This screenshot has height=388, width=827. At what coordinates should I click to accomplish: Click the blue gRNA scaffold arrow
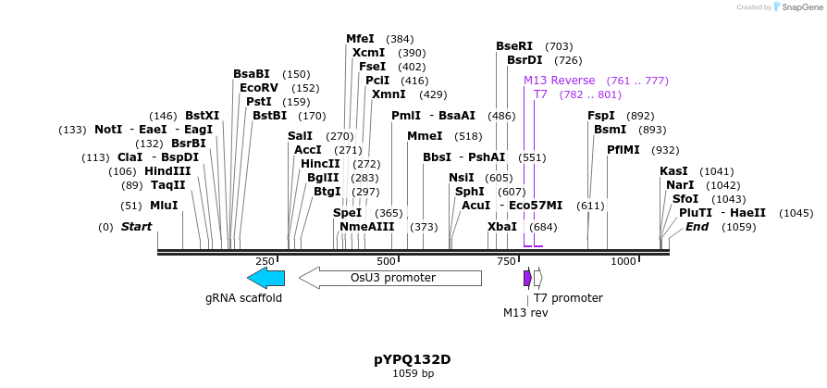[265, 278]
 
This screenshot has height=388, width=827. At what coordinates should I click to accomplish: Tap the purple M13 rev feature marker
[527, 278]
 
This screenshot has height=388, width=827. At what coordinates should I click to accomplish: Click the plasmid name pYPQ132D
[413, 359]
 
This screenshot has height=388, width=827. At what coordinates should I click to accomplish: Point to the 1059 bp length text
[413, 374]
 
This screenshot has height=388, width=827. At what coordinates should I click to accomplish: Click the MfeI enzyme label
[360, 39]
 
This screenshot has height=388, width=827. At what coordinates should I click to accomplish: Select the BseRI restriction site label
[514, 45]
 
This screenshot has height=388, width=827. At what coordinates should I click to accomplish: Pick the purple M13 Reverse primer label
[559, 81]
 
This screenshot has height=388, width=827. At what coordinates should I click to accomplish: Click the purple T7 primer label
[540, 94]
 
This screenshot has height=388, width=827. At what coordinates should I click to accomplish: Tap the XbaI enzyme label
[502, 227]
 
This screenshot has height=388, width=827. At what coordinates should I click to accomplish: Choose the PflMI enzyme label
[623, 149]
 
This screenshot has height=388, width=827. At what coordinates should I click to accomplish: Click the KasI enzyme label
[673, 171]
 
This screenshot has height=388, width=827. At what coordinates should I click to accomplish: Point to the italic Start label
[136, 227]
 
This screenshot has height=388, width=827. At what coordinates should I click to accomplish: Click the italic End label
[697, 227]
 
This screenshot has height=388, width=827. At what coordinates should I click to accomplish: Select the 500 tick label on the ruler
[387, 262]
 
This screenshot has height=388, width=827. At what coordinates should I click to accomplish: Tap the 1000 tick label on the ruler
[623, 262]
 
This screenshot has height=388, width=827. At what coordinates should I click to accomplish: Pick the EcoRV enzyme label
[259, 88]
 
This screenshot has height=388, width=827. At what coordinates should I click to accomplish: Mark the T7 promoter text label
[568, 298]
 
